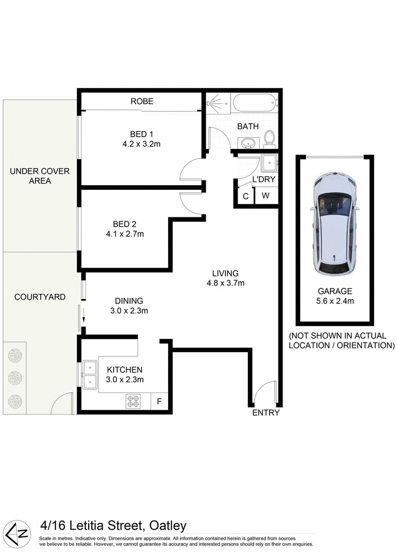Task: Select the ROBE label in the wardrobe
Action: [x=142, y=102]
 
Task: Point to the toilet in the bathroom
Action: [x=269, y=138]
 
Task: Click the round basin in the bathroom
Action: [x=246, y=142]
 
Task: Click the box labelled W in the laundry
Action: [x=265, y=196]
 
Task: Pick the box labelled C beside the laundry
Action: [x=245, y=196]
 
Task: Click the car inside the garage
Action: [x=335, y=223]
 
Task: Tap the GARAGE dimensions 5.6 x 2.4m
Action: [x=335, y=301]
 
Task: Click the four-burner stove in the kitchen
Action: [x=133, y=401]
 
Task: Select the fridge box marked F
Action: [x=159, y=401]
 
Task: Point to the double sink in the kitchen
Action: [x=90, y=374]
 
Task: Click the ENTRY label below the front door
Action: [x=266, y=413]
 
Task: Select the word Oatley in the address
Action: [x=167, y=526]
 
